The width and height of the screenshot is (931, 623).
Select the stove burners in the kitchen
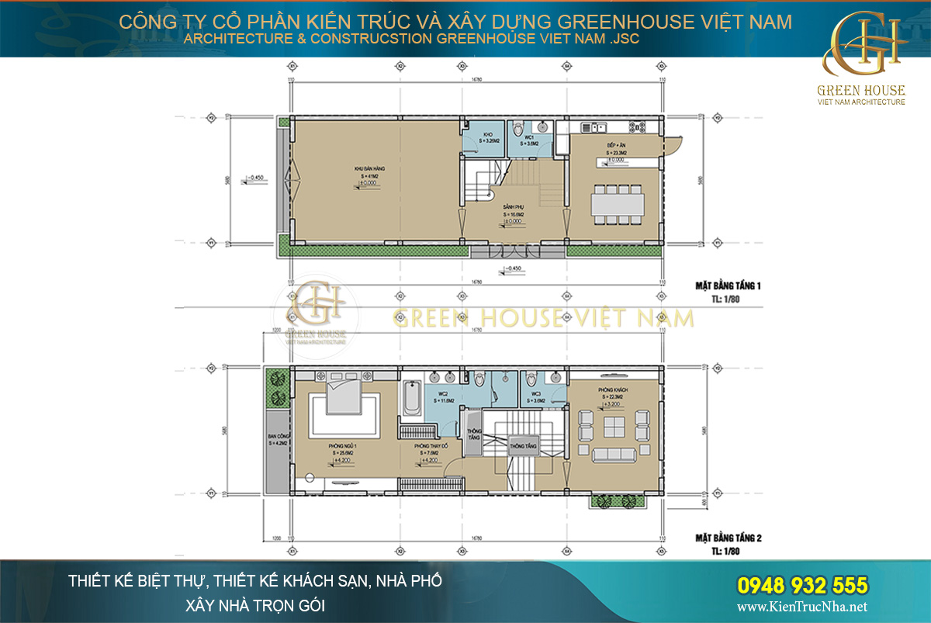641,126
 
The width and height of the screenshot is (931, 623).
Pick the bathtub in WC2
410,400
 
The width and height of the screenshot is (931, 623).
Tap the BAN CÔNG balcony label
277,438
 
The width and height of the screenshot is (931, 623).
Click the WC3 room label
536,393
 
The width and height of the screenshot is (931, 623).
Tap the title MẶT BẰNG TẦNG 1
728,286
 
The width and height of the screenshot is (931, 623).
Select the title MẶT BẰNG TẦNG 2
728,537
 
